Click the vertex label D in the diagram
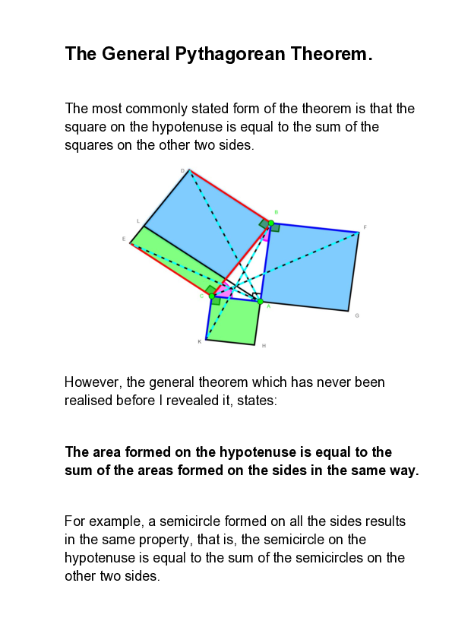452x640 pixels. (182, 171)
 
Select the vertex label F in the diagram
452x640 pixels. (365, 227)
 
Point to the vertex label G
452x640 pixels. (357, 315)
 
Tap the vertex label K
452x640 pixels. (199, 341)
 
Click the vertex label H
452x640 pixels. (264, 346)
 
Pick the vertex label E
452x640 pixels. (123, 239)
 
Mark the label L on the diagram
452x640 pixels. (137, 221)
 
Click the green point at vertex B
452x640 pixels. (271, 223)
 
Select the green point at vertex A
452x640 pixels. (260, 302)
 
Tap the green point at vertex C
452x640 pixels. (212, 296)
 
